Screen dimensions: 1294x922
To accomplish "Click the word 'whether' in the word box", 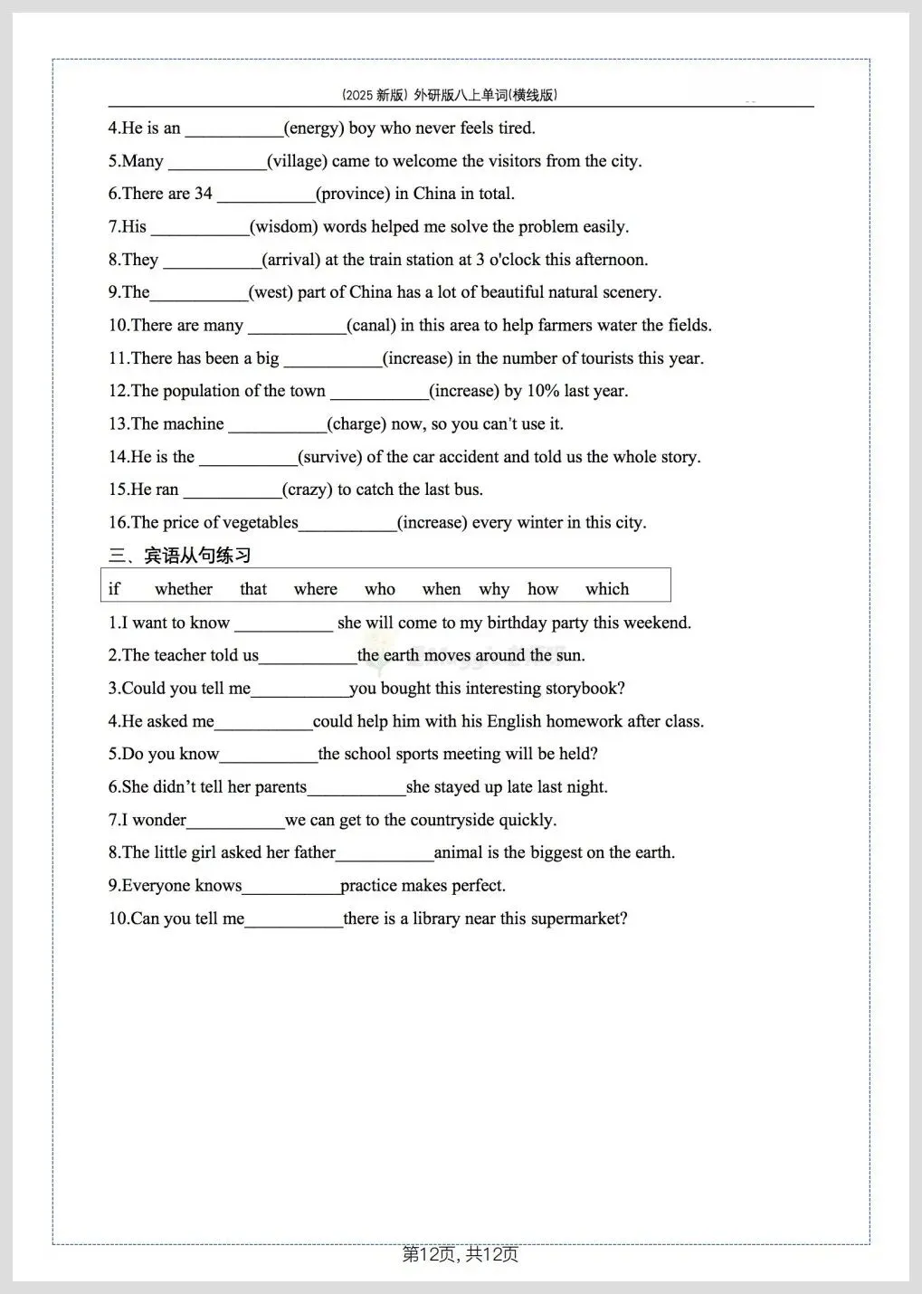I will (184, 589).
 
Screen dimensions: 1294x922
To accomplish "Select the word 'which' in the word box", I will (607, 589).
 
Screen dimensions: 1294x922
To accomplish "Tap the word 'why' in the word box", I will (494, 590).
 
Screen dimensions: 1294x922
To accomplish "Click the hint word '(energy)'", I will (314, 128).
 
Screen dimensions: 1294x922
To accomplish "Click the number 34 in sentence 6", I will (204, 194).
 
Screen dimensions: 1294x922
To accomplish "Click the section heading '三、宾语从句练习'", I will (180, 556).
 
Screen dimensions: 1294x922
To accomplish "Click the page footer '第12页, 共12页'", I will (461, 1254).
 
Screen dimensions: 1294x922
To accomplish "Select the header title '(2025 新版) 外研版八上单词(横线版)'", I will (450, 95).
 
